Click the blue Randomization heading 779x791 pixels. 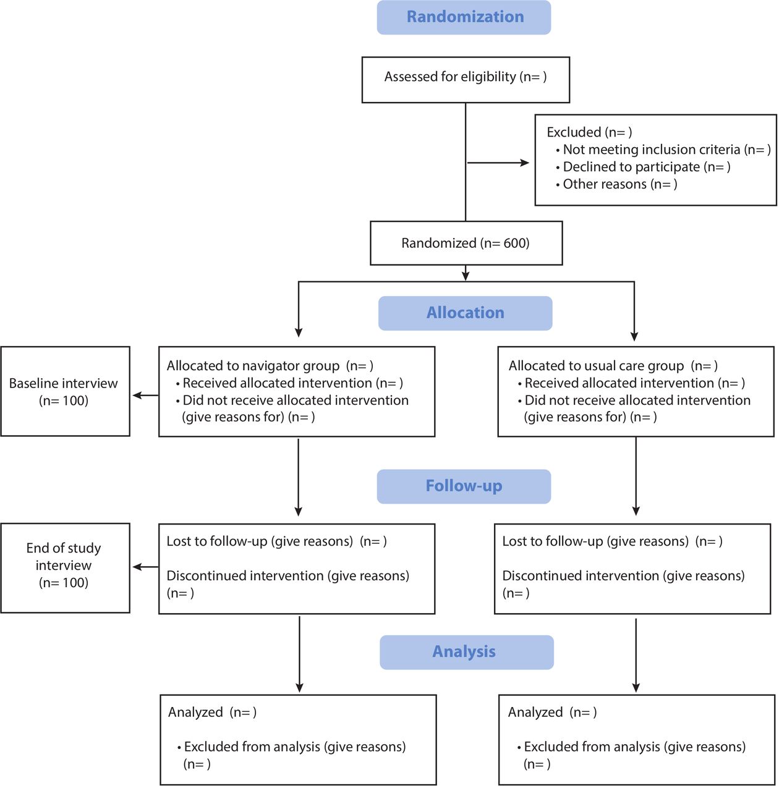coord(464,17)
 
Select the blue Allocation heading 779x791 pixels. coord(465,313)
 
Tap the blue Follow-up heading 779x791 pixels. coord(464,486)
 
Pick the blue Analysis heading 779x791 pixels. coord(466,652)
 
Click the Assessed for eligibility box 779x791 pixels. coord(466,80)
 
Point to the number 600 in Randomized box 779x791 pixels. coord(516,243)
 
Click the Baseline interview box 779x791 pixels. coord(66,391)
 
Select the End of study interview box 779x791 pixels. coord(66,568)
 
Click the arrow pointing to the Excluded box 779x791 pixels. coord(498,163)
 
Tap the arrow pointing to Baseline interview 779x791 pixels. coord(145,395)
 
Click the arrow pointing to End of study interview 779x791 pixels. coord(145,567)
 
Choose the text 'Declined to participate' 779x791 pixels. coord(631,167)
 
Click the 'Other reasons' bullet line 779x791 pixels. coord(616,184)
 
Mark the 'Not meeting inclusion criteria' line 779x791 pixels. coord(663,150)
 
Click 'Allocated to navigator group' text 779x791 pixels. coord(253,366)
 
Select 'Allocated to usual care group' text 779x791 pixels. coord(596,366)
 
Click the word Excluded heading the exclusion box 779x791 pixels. coord(574,132)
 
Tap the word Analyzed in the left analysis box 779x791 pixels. coord(195,712)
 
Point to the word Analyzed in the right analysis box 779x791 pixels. coord(535,712)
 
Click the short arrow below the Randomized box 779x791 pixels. coord(466,273)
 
